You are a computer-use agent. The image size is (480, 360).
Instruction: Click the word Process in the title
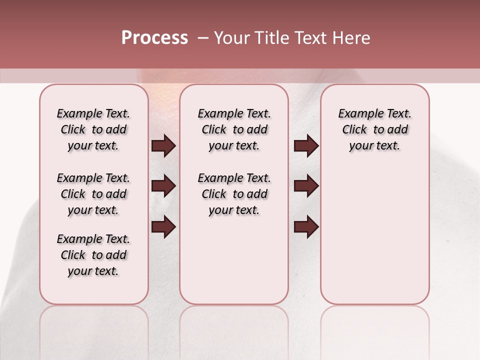154,38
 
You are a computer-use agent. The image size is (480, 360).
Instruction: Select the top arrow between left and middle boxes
163,146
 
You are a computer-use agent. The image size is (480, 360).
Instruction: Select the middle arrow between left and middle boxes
163,186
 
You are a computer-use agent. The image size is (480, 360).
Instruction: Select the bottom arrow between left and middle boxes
163,226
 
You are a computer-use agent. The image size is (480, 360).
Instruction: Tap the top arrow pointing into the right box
306,146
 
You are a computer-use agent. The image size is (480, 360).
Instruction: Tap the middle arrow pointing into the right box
306,186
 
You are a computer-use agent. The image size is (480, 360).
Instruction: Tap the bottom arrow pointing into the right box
306,226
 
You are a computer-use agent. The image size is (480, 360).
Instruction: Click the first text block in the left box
93,129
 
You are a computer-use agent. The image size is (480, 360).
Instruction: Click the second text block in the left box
93,194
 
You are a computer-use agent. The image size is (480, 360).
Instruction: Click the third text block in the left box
93,255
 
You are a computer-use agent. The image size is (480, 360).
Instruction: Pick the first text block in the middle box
234,129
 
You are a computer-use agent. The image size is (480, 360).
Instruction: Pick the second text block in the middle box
234,194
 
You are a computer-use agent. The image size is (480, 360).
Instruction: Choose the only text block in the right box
374,129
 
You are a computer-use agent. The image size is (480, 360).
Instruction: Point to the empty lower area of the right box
374,235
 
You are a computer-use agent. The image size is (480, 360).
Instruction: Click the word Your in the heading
231,38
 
